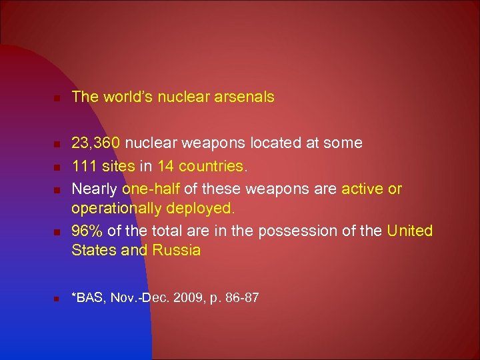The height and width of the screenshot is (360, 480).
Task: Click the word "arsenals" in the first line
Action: tap(244, 97)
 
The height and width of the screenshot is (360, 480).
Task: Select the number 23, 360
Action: tap(96, 143)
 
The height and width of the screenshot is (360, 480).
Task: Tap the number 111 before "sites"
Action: tap(83, 165)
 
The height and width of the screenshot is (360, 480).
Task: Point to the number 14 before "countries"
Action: tap(165, 165)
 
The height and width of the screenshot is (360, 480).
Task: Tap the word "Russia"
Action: tap(177, 250)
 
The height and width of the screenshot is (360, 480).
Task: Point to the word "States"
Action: tap(91, 250)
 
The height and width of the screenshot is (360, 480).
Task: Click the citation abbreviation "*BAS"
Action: tap(86, 297)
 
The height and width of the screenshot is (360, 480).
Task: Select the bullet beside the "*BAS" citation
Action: tap(57, 298)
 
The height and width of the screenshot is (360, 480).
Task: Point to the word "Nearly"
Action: tap(94, 189)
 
